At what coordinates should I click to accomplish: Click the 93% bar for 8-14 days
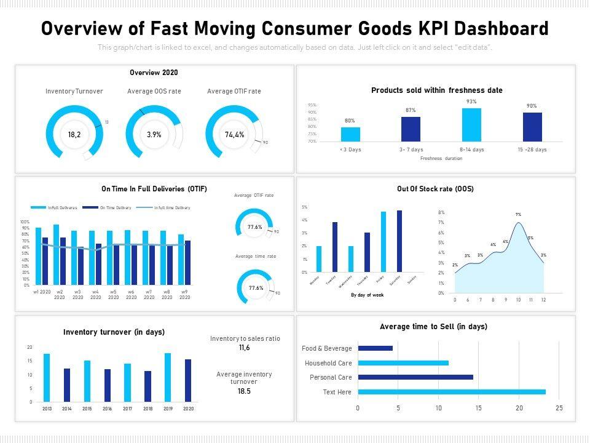471,125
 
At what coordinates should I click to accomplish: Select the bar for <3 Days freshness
350,134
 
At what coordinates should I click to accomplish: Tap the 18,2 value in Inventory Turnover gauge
74,134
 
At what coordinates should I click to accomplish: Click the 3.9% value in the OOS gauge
154,134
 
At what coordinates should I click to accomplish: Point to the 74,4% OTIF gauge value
234,134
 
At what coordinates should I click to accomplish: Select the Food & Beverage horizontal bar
375,348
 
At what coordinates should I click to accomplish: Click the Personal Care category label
331,377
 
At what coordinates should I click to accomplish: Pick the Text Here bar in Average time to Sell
451,392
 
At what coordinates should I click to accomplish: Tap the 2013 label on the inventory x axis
47,408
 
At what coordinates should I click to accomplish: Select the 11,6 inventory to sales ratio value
245,348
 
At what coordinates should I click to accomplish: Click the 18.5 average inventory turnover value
244,391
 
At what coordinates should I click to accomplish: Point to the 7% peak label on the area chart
518,215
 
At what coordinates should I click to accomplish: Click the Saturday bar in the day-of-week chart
399,241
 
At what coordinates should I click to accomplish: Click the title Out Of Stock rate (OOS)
435,189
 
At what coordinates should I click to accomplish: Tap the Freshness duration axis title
441,158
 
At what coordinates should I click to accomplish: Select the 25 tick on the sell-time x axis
559,408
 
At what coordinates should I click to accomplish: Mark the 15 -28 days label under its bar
532,150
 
